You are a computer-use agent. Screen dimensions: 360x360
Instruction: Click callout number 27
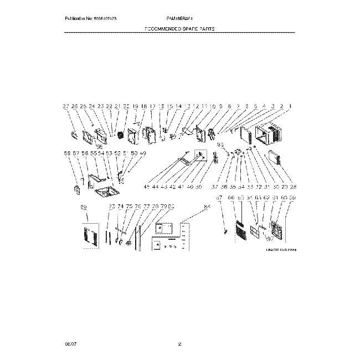(65, 106)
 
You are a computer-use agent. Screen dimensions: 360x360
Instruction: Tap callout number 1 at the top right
(290, 106)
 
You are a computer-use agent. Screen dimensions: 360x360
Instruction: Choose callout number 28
(293, 187)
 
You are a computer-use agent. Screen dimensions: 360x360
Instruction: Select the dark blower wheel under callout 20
(118, 135)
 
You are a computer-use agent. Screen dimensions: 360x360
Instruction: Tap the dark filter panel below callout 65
(240, 229)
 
